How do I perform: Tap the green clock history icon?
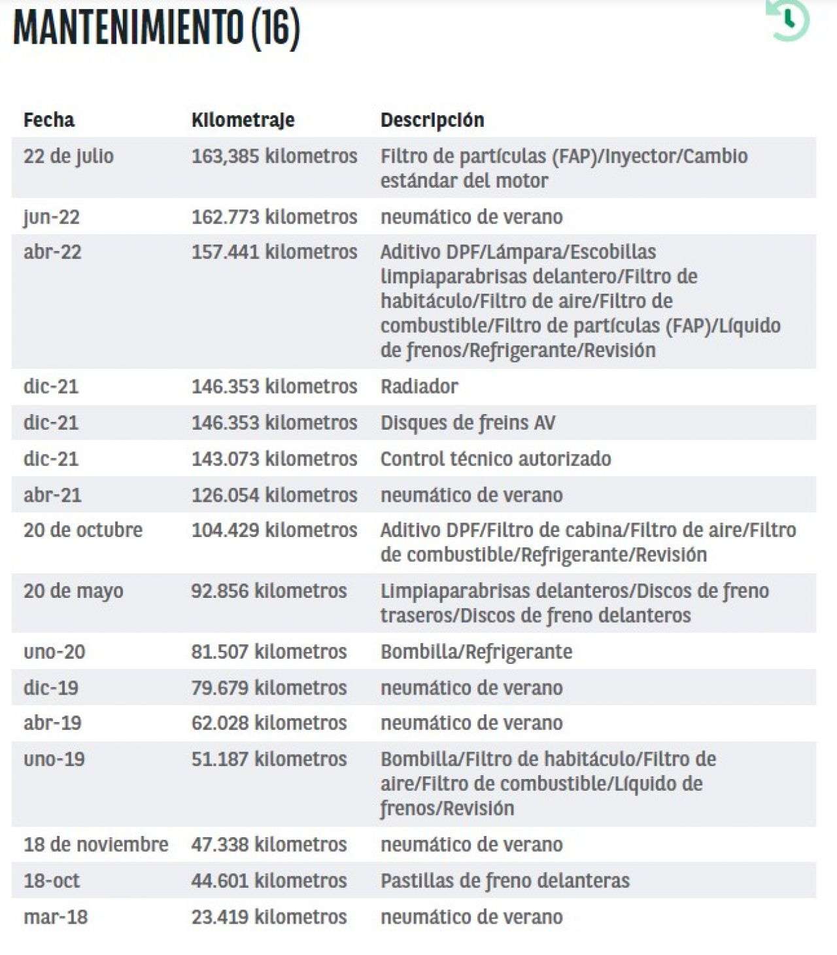[788, 20]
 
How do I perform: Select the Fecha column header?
[49, 120]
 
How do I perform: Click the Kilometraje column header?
[243, 120]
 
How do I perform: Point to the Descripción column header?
[432, 120]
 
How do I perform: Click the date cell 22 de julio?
[69, 156]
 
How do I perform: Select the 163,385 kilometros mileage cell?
[274, 156]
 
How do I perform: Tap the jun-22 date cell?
[52, 217]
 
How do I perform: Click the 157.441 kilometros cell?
[274, 252]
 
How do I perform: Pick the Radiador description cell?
[419, 387]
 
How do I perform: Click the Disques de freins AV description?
[468, 423]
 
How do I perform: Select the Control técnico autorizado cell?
[496, 459]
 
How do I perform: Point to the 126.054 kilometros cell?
[274, 495]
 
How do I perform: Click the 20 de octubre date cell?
[83, 530]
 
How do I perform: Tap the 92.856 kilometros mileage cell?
[269, 591]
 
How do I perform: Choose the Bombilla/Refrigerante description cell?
[476, 651]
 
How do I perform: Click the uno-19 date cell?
[54, 759]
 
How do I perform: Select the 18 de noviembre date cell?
[96, 844]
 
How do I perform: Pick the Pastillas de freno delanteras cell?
[505, 880]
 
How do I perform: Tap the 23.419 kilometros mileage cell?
[269, 917]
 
